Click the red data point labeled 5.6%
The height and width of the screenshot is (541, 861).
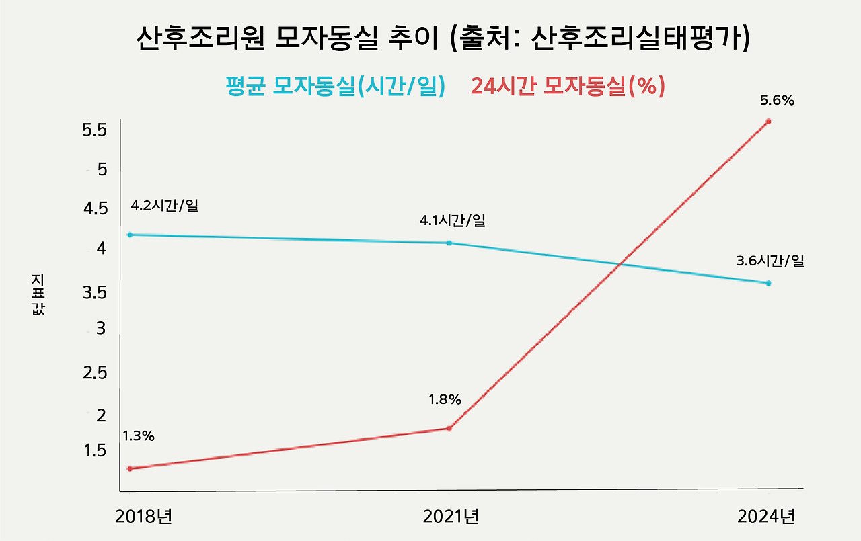click(768, 122)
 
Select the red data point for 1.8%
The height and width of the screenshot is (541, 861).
click(449, 428)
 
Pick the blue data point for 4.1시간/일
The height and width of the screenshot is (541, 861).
click(449, 243)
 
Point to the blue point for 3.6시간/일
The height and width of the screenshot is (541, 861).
click(768, 283)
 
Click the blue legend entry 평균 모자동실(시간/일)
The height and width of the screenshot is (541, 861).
click(335, 87)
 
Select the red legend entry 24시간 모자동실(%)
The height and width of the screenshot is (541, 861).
click(568, 87)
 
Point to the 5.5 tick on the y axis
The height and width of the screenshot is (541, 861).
click(95, 130)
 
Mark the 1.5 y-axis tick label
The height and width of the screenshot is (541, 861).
click(95, 450)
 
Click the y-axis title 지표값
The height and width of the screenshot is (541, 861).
click(38, 295)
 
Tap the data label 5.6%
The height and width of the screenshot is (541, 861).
click(777, 101)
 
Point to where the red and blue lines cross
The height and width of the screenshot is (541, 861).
click(617, 265)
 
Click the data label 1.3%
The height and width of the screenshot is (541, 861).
click(139, 436)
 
